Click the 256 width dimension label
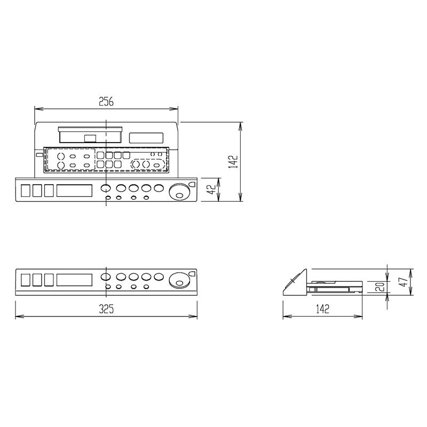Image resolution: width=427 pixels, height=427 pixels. tap(106, 101)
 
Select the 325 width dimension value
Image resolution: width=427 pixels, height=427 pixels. tap(106, 309)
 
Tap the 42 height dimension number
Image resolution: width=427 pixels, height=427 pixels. tap(211, 189)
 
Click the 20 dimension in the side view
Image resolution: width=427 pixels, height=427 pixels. tap(381, 287)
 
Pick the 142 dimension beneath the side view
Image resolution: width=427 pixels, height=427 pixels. tap(322, 309)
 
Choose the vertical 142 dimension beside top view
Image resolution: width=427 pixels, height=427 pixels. tap(233, 162)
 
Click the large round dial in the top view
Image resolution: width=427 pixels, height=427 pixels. tap(179, 192)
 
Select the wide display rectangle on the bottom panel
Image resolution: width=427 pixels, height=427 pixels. tap(74, 280)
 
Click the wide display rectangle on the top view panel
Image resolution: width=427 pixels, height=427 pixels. tap(74, 191)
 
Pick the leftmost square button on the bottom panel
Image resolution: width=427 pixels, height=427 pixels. tap(25, 280)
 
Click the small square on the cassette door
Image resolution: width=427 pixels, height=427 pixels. tap(90, 139)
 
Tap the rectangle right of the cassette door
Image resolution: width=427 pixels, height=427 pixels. tap(146, 138)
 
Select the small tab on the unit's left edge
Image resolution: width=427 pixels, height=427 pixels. tap(39, 155)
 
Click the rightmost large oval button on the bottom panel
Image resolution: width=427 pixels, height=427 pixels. tap(159, 276)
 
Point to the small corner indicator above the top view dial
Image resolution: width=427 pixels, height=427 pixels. tap(192, 184)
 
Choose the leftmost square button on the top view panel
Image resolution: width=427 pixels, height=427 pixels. tap(25, 191)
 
